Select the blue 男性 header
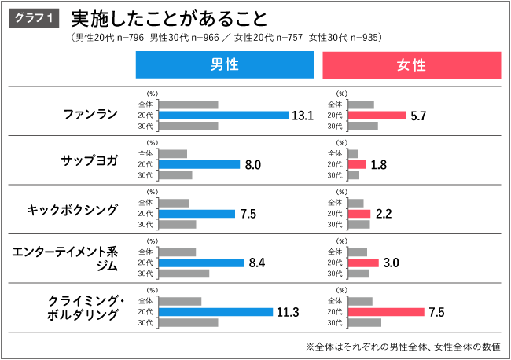[x=225, y=65]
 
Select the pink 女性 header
[x=411, y=65]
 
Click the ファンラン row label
[x=90, y=115]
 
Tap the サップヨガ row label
[x=90, y=163]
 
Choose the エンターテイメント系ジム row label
[x=64, y=259]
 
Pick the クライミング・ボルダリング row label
[x=83, y=307]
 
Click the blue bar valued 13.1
[x=224, y=116]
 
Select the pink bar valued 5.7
[x=377, y=116]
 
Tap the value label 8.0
[x=253, y=164]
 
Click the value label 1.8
[x=378, y=164]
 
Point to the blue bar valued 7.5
[x=197, y=213]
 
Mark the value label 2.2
[x=383, y=213]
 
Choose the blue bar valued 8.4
[x=201, y=263]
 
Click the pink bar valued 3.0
[x=363, y=263]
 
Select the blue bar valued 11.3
[x=215, y=312]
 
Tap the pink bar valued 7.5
[x=385, y=312]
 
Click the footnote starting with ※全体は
[x=403, y=346]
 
